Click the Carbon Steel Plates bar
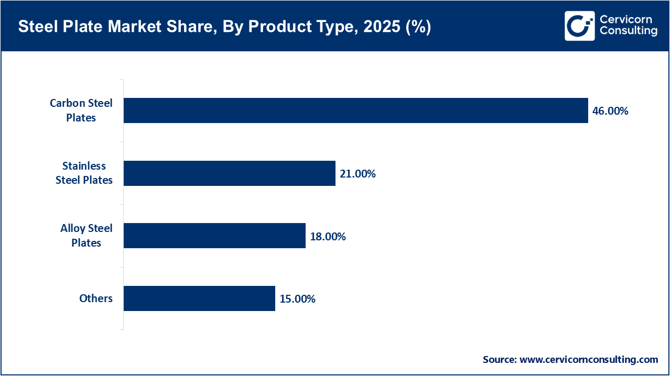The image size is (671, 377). tap(355, 110)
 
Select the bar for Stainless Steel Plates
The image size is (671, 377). tap(229, 173)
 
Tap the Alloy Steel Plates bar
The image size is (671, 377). tap(214, 236)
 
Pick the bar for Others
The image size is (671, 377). tap(199, 298)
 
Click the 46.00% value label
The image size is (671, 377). tap(610, 111)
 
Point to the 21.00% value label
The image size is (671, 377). tap(358, 174)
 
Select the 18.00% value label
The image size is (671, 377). tap(328, 237)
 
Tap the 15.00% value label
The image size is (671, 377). tap(297, 299)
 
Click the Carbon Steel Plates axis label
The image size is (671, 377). tap(81, 110)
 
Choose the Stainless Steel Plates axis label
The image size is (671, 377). tap(84, 173)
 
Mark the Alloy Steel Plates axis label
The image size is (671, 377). tap(86, 236)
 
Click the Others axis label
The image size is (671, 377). tap(96, 298)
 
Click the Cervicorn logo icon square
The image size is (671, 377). tap(579, 26)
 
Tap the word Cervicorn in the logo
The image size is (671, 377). tap(626, 19)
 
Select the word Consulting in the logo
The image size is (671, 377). tap(628, 31)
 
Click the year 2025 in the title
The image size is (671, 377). tap(384, 27)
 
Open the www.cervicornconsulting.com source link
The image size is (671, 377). tap(589, 360)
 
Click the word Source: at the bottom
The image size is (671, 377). tap(500, 360)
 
